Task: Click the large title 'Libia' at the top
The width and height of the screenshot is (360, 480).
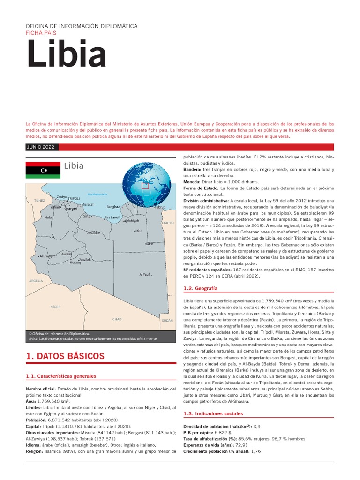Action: coord(66,54)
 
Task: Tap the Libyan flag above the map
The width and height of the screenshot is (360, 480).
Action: coord(43,170)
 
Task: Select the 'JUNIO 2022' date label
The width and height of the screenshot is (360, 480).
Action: coord(41,147)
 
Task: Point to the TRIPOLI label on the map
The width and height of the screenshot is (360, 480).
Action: coord(74,199)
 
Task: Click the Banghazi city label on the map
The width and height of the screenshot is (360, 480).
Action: coord(113,206)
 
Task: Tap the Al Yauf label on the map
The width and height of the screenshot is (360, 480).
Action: coord(144,274)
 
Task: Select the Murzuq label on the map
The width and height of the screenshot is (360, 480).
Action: coord(75,262)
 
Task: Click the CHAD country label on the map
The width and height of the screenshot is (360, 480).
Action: coord(117,319)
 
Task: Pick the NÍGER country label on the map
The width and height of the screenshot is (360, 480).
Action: coord(56,307)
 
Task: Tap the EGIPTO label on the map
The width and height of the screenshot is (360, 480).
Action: coord(167,223)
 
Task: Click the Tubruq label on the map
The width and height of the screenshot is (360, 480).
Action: coord(159,207)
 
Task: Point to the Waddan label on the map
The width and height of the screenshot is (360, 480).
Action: coord(94,232)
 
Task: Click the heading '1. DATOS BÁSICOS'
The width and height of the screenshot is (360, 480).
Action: coord(65,356)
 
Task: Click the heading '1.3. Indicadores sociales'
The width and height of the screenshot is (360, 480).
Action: coord(213,414)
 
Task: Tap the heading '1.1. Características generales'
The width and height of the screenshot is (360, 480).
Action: coord(61,376)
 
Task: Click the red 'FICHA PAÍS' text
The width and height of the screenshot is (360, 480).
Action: coord(41,33)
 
